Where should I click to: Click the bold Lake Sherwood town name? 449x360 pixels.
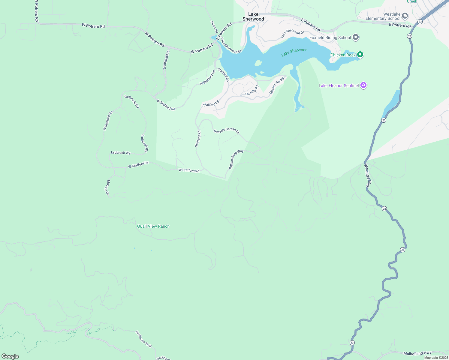pos(253,16)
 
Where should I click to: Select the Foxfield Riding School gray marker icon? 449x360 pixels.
pos(356,37)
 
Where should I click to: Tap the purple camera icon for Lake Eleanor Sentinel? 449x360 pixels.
pos(363,85)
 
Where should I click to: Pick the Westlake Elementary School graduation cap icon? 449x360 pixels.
pos(405,16)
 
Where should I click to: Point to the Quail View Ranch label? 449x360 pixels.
pos(153,226)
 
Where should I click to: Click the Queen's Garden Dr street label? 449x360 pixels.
pos(226,131)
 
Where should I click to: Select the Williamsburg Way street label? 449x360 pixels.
pos(236,160)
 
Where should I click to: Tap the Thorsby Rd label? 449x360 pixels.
pos(252,91)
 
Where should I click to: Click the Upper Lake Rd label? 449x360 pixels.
pos(276,85)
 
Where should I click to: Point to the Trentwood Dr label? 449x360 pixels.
pos(166,60)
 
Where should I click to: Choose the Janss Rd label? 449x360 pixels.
pos(214,27)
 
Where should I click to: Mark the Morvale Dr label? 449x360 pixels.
pos(107,187)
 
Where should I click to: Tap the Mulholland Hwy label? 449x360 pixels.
pos(417,353)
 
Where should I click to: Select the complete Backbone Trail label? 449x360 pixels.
pos(143,339)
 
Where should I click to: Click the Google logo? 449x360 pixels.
pos(10,356)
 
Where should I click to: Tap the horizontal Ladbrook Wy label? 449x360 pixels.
pos(120,153)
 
